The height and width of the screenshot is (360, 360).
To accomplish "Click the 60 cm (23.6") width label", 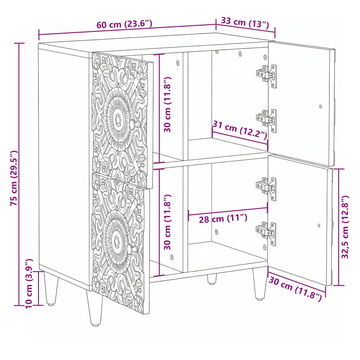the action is pyautogui.click(x=124, y=24).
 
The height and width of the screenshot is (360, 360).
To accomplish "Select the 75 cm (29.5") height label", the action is pyautogui.click(x=14, y=178).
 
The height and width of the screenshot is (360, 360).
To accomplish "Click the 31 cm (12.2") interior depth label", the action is pyautogui.click(x=240, y=130).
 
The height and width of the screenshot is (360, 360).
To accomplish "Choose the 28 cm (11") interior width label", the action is pyautogui.click(x=223, y=218).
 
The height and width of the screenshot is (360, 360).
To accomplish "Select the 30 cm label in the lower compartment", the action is pyautogui.click(x=167, y=222).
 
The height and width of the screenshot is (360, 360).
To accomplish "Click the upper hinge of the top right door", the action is pyautogui.click(x=266, y=76).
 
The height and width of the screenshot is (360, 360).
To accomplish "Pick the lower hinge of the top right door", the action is pyautogui.click(x=266, y=121).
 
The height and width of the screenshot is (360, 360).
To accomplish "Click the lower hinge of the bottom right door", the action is pyautogui.click(x=266, y=233).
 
